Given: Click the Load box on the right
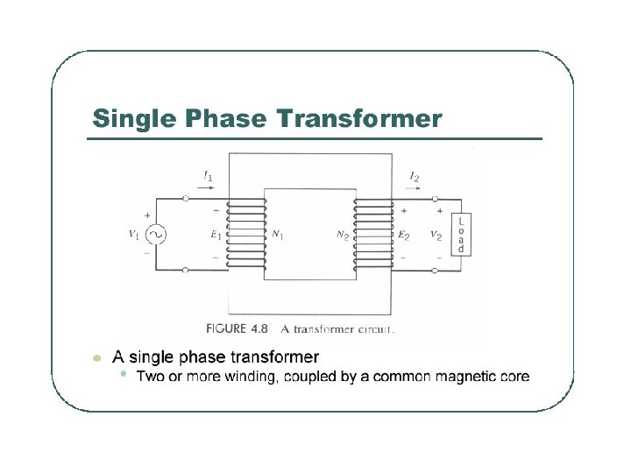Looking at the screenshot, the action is [461, 235].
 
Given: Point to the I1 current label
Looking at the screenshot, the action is [207, 178].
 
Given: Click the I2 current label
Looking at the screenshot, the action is [414, 178].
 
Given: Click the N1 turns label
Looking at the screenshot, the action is [278, 235].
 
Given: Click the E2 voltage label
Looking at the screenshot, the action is [403, 235].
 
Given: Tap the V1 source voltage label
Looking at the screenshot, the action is [133, 234].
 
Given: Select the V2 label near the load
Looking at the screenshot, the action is [436, 235].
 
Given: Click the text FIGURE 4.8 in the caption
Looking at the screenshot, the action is [238, 330].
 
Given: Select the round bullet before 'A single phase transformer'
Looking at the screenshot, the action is [97, 357].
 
